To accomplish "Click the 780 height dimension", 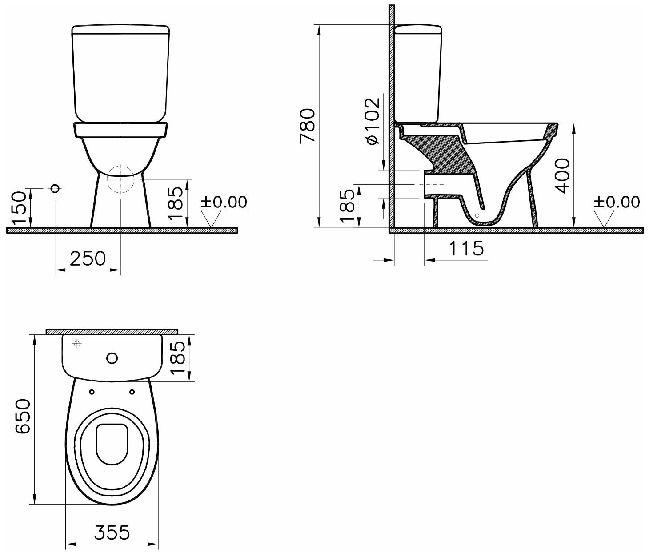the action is [x=308, y=126].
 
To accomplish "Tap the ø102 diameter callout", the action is [x=373, y=121].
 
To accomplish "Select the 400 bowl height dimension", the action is [x=562, y=175].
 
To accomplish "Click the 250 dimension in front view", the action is [x=88, y=258].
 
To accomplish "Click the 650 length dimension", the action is [x=23, y=417].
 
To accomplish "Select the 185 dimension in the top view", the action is [x=178, y=357].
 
